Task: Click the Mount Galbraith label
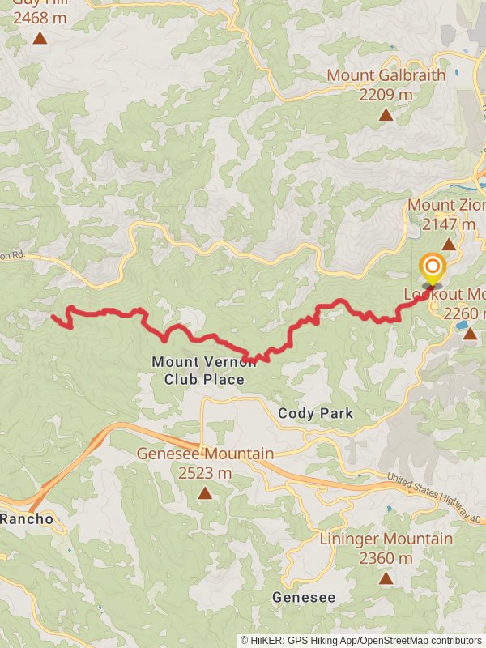tap(386, 75)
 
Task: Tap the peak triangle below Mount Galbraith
tap(386, 114)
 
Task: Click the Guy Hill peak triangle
tap(40, 37)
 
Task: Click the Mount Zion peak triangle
tap(448, 244)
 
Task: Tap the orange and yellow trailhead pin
tap(433, 268)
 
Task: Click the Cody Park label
tap(315, 413)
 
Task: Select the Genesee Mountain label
tap(205, 454)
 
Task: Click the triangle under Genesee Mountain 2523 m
tap(205, 492)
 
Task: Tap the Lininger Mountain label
tap(386, 539)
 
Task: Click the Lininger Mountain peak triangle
tap(386, 578)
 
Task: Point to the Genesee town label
tap(303, 597)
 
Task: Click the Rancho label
tap(26, 518)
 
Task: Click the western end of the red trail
tap(53, 317)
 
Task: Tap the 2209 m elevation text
tap(386, 95)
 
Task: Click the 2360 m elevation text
tap(386, 558)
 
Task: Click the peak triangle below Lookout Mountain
tap(470, 333)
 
